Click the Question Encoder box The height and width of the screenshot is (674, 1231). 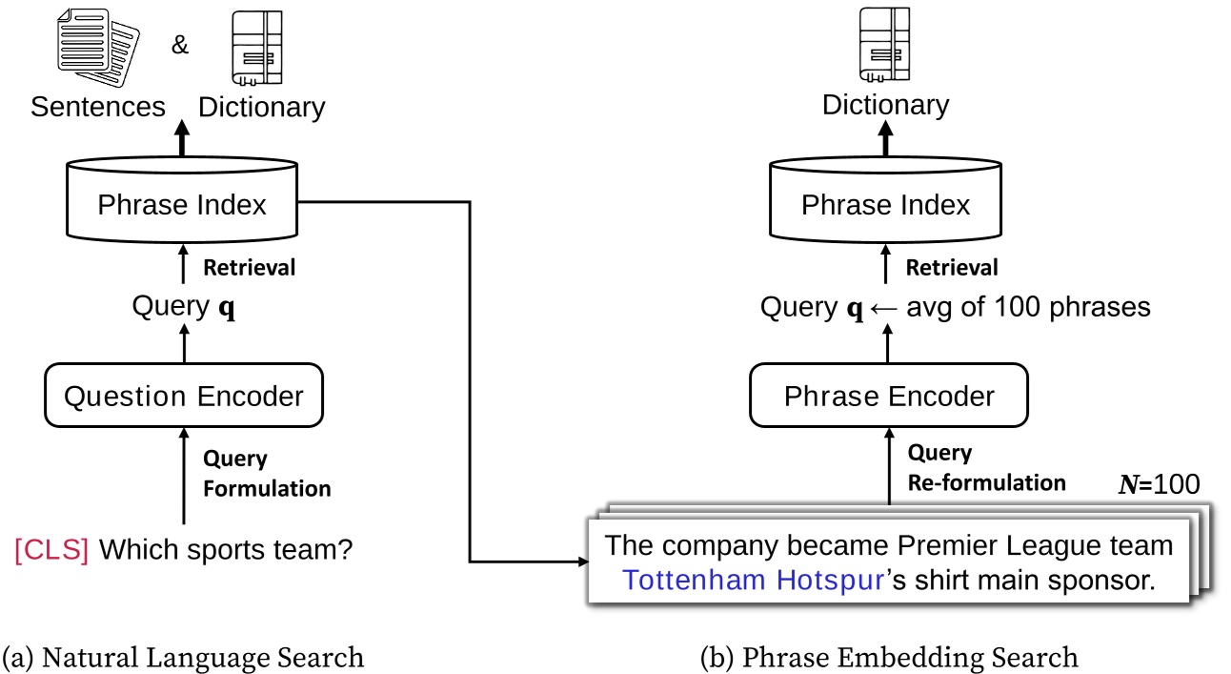pyautogui.click(x=183, y=396)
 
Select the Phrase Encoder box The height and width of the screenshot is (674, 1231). pyautogui.click(x=888, y=396)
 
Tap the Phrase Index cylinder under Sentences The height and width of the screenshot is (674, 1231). pyautogui.click(x=182, y=203)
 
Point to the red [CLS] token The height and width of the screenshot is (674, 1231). pyautogui.click(x=51, y=550)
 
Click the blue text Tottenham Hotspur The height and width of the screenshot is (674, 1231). pyautogui.click(x=754, y=581)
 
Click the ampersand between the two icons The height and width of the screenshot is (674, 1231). pyautogui.click(x=180, y=44)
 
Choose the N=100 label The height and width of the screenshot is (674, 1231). pyautogui.click(x=1159, y=484)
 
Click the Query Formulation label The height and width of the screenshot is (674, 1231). pyautogui.click(x=267, y=473)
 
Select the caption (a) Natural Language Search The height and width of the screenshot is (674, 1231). pyautogui.click(x=184, y=657)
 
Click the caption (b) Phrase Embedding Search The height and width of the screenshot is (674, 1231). pyautogui.click(x=889, y=657)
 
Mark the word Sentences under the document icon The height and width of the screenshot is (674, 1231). pyautogui.click(x=97, y=106)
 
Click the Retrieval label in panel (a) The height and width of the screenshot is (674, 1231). pyautogui.click(x=250, y=268)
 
